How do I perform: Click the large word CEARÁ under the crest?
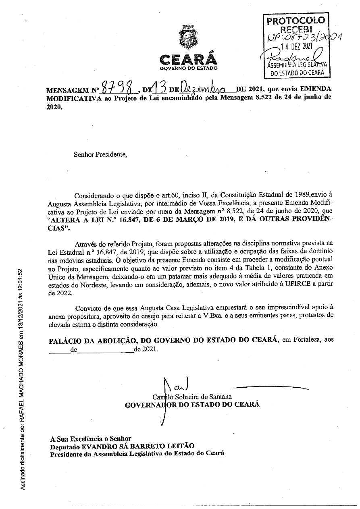(188, 60)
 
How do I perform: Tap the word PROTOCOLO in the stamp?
(296, 21)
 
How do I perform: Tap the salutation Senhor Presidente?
(100, 154)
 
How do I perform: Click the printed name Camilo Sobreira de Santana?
(192, 397)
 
